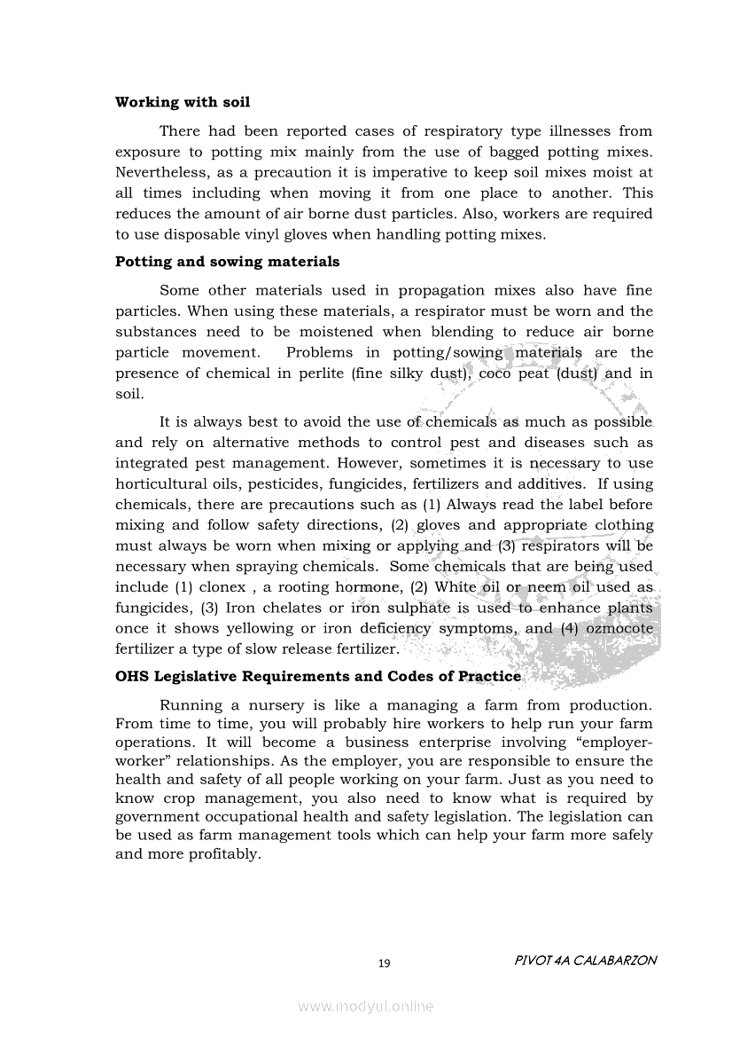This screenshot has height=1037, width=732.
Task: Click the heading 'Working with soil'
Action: [182, 102]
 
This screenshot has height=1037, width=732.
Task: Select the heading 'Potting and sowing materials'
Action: [227, 262]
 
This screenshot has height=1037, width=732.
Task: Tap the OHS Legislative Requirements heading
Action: [318, 676]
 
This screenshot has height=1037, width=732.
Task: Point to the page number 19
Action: [384, 963]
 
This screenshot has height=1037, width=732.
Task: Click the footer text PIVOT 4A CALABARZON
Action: [585, 961]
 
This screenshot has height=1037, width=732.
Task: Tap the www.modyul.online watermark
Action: [366, 1006]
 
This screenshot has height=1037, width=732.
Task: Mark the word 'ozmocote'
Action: [616, 628]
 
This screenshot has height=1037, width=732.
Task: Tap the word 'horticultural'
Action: [165, 484]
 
